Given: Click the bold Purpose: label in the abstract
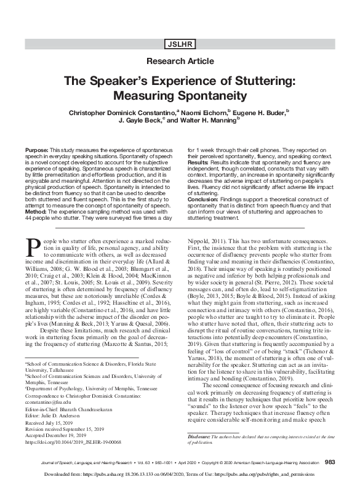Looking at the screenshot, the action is point(36,150).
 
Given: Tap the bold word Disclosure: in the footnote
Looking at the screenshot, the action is point(201,419).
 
